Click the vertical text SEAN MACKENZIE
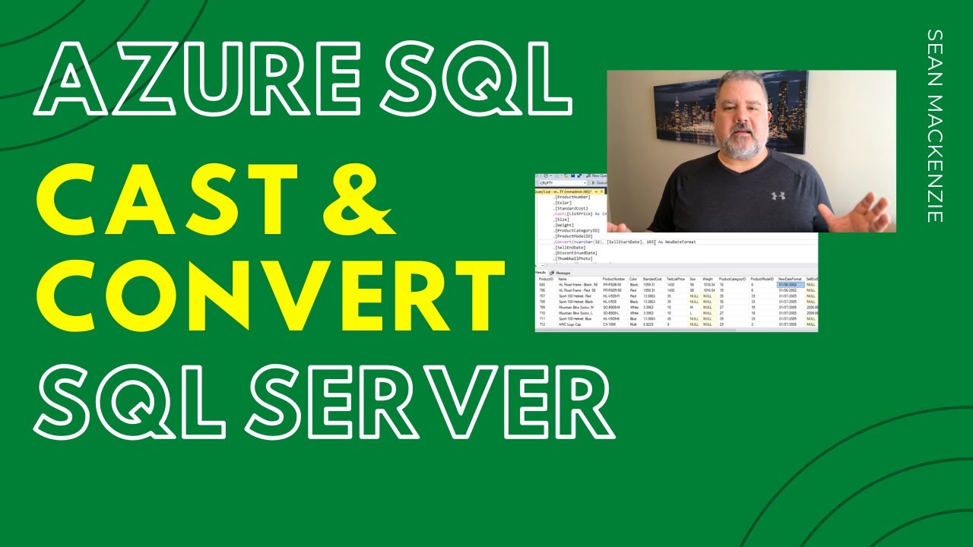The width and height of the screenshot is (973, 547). (935, 125)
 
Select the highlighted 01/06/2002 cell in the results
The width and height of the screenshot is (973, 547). (790, 285)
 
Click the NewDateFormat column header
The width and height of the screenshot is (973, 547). (791, 279)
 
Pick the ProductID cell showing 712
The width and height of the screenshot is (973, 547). (542, 324)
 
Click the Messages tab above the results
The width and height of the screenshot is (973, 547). (563, 272)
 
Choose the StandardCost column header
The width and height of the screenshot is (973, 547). (653, 279)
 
